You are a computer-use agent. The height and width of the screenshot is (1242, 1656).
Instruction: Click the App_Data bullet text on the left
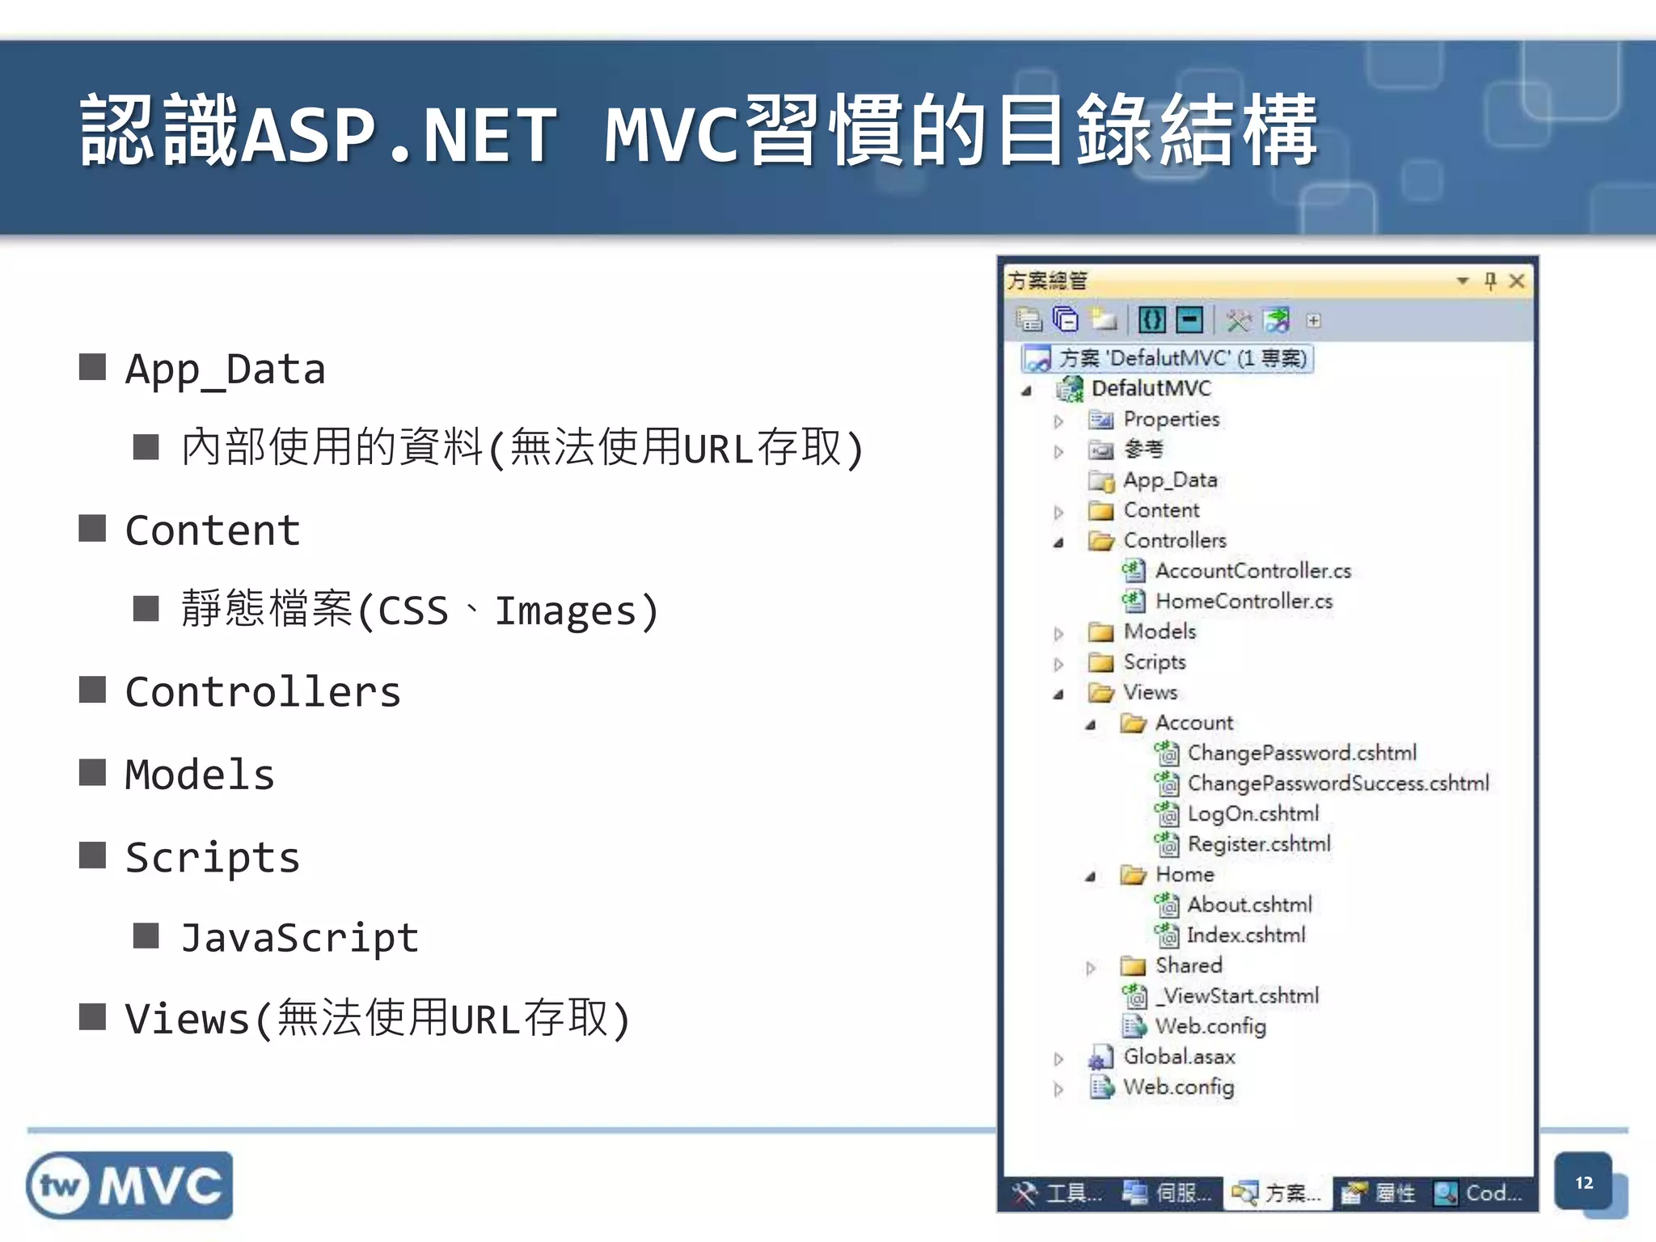tap(225, 370)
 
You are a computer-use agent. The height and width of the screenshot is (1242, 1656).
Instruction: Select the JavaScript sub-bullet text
tap(299, 938)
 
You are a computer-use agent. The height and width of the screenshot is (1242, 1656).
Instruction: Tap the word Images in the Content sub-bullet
tap(566, 610)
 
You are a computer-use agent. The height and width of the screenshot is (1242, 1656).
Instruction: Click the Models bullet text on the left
tap(200, 775)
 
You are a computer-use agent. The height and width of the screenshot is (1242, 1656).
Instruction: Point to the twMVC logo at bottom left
tap(129, 1185)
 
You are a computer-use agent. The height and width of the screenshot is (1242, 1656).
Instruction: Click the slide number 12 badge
tap(1583, 1183)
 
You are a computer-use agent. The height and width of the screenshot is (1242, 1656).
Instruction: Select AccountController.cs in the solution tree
tap(1253, 571)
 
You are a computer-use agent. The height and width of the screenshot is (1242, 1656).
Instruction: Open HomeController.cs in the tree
tap(1244, 602)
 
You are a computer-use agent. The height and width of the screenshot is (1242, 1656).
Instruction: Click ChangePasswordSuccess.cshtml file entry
tap(1337, 784)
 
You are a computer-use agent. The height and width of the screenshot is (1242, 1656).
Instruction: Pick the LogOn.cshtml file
tap(1253, 813)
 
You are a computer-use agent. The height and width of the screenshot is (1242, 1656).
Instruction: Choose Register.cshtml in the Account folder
tap(1258, 844)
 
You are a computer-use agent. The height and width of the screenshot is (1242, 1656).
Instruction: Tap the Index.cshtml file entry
tap(1245, 936)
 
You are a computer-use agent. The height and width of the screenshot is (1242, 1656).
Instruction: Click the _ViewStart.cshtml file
tap(1237, 996)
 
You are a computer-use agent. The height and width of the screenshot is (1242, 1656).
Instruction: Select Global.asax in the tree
tap(1179, 1057)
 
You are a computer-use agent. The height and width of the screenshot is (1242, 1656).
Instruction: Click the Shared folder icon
tap(1133, 966)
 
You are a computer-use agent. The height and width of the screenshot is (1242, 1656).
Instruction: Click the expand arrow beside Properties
tap(1058, 420)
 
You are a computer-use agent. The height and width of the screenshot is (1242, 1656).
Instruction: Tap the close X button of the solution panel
tap(1517, 281)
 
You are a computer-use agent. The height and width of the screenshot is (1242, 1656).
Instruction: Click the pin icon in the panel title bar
tap(1490, 281)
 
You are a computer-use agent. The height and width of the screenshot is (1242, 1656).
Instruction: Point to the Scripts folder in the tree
tap(1154, 662)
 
